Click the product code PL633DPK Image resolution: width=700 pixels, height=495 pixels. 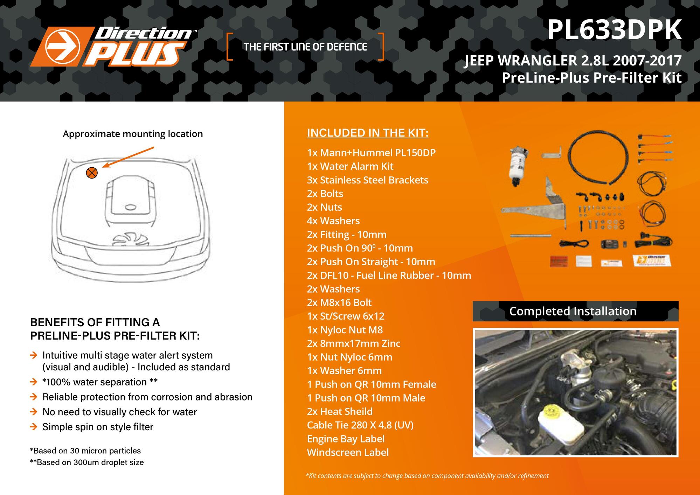(615, 31)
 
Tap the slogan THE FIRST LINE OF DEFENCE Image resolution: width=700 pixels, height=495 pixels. (305, 47)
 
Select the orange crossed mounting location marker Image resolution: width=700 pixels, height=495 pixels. (92, 173)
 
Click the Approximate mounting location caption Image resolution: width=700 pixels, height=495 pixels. (133, 134)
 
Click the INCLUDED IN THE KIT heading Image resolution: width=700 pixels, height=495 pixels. (368, 133)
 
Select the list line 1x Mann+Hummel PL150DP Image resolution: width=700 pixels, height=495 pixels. (371, 153)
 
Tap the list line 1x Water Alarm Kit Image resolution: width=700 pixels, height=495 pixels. (350, 166)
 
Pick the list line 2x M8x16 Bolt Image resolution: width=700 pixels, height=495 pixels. (339, 302)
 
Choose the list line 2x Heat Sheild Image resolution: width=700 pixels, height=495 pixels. (340, 411)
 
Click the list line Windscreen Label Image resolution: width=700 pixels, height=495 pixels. (348, 452)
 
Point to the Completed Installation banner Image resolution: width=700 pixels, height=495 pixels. (575, 311)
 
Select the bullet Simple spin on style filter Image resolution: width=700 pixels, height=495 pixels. (98, 427)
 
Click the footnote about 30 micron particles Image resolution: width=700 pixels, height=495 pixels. (85, 451)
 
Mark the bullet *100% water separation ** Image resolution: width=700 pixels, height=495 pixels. (100, 382)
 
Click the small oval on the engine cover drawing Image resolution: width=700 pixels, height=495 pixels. (131, 207)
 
